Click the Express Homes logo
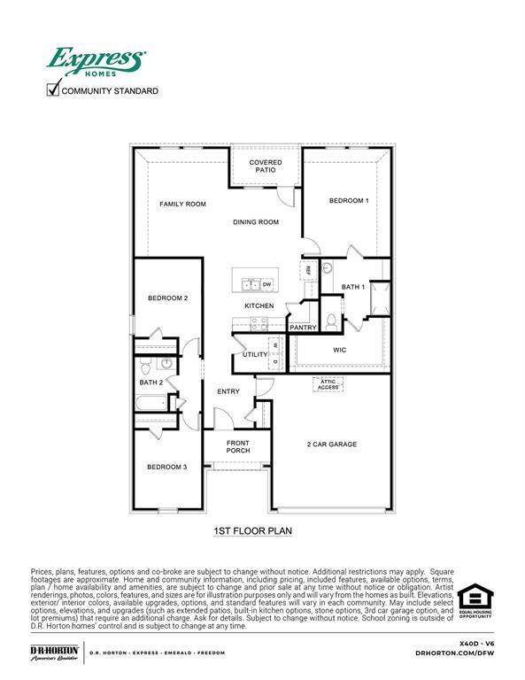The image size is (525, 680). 97,63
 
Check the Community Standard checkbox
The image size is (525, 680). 53,89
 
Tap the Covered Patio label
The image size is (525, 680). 265,166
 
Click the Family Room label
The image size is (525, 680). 182,205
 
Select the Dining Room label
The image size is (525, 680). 256,222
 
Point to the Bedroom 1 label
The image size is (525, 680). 349,201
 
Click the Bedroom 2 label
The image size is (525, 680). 167,298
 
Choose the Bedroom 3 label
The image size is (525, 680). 166,467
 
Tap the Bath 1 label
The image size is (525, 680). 352,287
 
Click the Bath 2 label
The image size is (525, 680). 151,382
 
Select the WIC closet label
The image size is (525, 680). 339,351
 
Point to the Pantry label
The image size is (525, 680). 303,328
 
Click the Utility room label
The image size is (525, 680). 255,354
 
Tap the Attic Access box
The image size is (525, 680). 328,385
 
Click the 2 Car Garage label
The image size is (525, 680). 332,444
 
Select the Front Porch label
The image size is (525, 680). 238,447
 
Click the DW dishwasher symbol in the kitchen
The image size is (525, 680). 266,283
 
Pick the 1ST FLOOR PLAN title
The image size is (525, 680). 252,531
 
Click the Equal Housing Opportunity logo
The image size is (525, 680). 475,600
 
